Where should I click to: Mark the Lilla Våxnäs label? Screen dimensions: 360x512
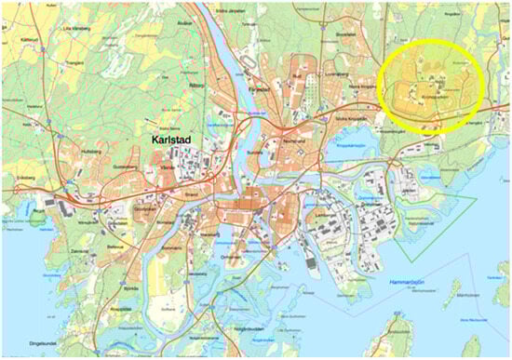pos(75,28)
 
